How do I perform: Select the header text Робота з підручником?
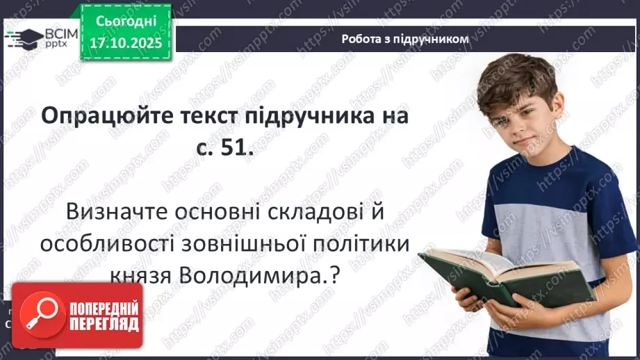pos(406,39)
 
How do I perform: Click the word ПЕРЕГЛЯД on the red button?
pos(104,325)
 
